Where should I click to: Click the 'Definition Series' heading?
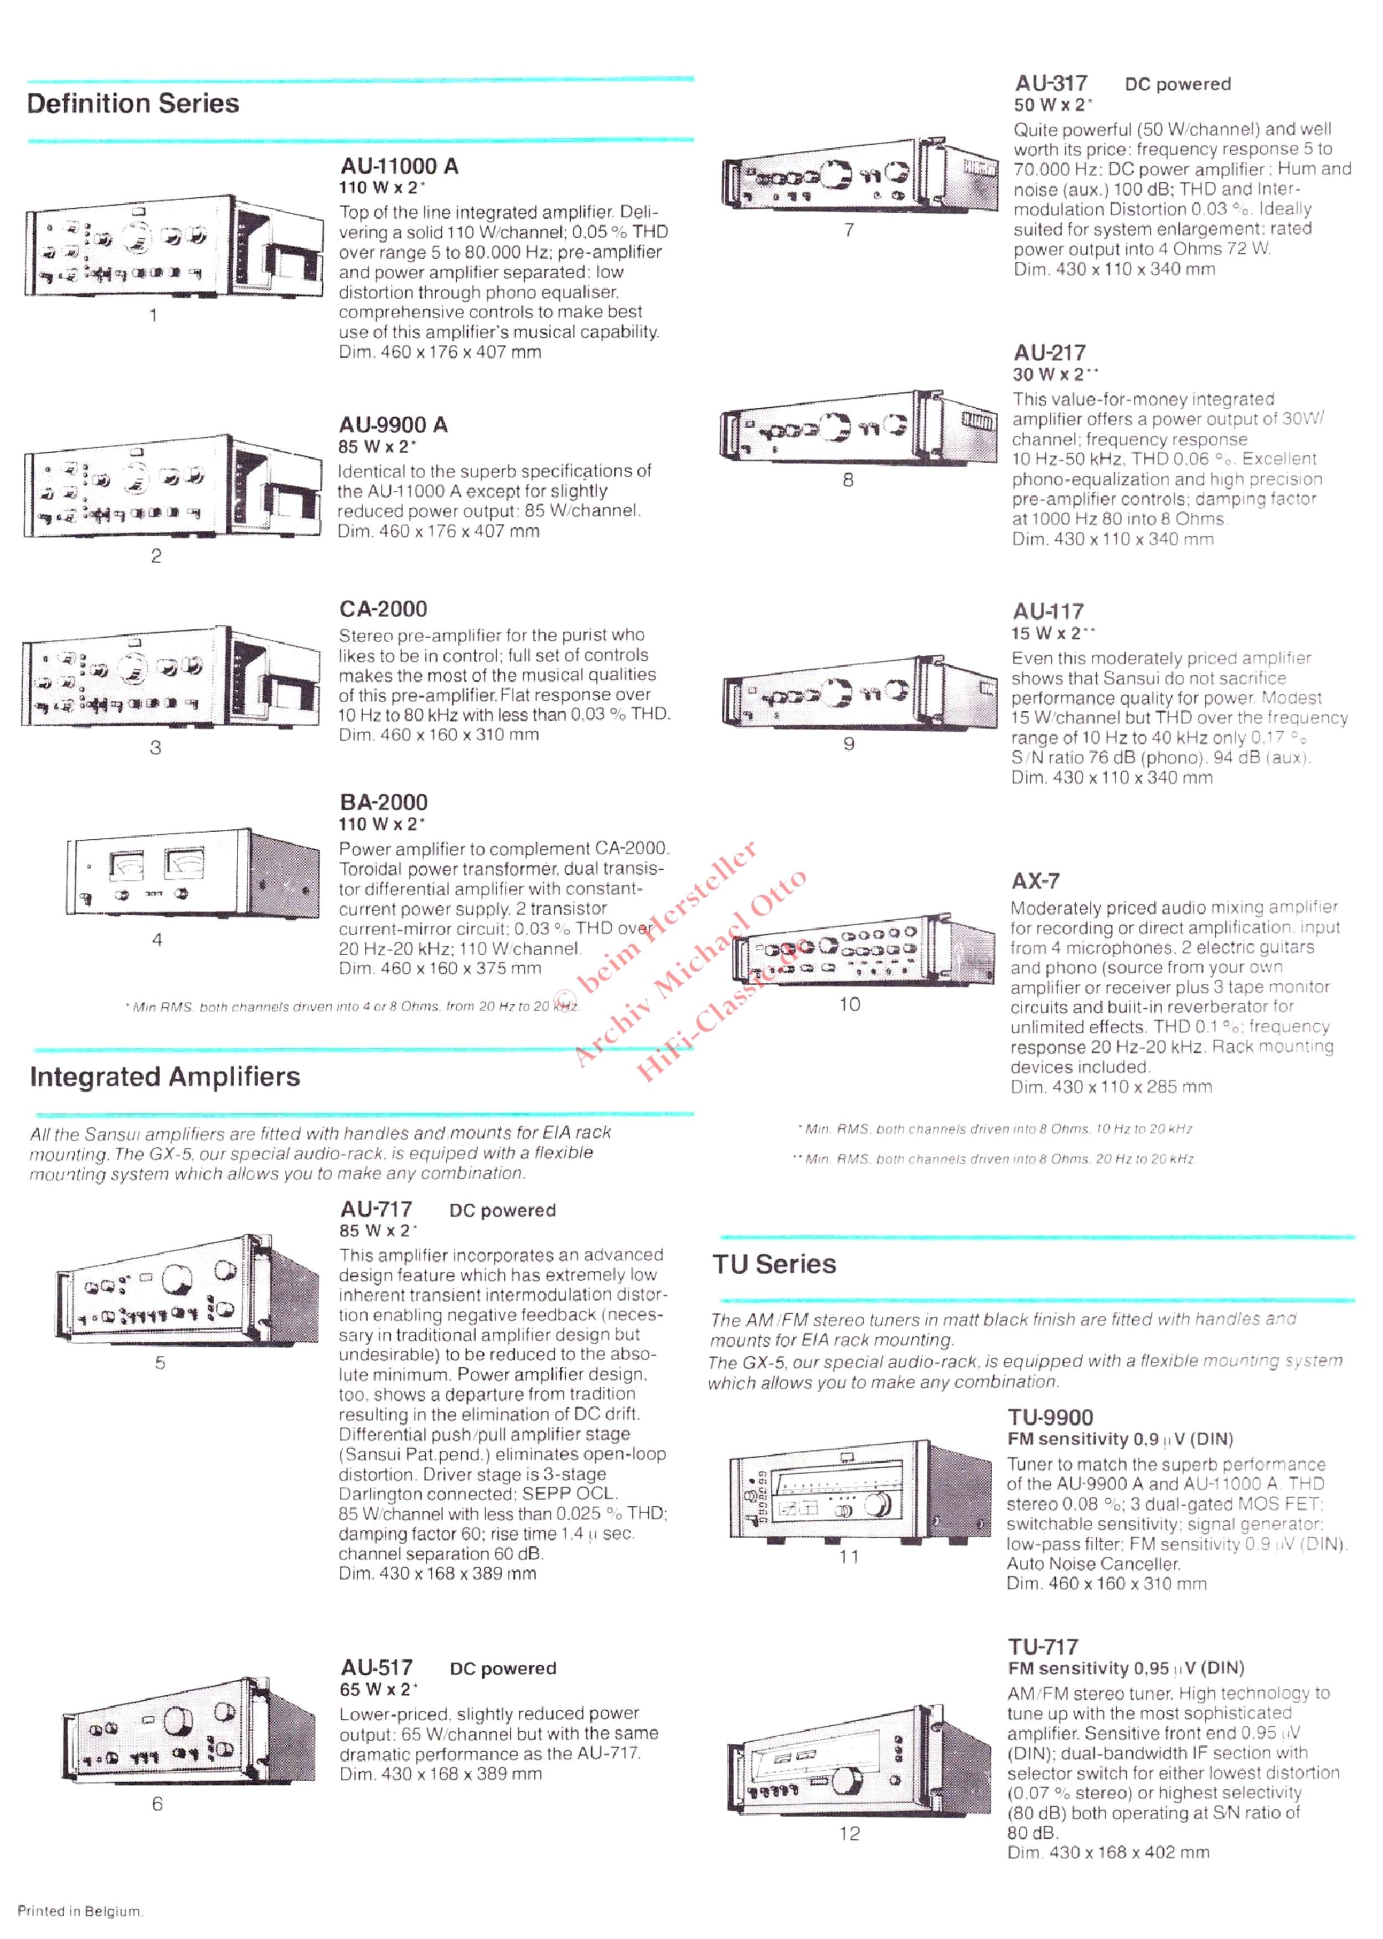tap(133, 104)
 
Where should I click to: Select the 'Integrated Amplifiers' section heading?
tap(165, 1077)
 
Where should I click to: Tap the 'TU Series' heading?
tap(774, 1264)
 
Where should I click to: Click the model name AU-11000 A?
tap(399, 166)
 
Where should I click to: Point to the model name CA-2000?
tap(383, 609)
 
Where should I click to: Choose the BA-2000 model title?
tap(383, 803)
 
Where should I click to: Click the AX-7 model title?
tap(1035, 881)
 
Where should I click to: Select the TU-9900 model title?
tap(1050, 1418)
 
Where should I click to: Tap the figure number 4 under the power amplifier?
tap(157, 940)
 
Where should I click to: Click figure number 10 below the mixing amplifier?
tap(850, 1004)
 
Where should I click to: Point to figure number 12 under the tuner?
tap(850, 1834)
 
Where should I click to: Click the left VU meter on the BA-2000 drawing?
tap(127, 865)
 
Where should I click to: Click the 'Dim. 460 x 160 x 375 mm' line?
tap(440, 968)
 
